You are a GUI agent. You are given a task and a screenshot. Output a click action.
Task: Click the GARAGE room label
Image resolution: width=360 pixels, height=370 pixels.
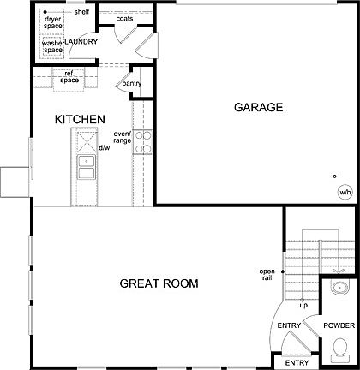tap(258, 108)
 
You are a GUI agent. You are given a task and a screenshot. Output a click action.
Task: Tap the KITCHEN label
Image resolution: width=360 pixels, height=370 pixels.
tap(80, 119)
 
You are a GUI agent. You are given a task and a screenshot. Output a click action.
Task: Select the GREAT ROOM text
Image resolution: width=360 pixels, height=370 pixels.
tap(159, 283)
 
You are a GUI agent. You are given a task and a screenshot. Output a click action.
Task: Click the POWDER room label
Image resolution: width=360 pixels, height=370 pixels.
tap(340, 325)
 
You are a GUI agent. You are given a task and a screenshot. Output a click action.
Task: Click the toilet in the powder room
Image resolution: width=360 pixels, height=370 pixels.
tap(340, 349)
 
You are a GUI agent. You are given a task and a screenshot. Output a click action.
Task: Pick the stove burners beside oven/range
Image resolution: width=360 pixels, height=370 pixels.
tap(142, 141)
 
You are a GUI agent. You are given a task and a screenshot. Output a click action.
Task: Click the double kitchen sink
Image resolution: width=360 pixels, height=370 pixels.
tap(87, 167)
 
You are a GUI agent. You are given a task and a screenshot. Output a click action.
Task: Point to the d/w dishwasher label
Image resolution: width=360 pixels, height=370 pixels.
tap(105, 148)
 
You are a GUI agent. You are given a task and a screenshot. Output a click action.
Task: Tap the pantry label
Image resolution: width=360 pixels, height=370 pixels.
tap(131, 83)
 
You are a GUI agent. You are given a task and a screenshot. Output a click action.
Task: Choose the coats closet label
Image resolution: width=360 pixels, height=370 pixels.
tap(123, 18)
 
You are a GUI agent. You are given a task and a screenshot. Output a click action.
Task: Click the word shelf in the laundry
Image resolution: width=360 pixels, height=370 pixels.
tap(81, 12)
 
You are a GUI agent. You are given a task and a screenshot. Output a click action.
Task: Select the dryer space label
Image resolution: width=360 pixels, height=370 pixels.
tap(53, 22)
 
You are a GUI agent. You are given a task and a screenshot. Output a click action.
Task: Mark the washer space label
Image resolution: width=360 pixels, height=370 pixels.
tap(53, 45)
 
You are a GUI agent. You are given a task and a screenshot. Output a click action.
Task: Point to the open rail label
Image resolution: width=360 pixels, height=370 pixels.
tap(267, 275)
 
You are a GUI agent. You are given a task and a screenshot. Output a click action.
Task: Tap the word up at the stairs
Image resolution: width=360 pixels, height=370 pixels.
tap(303, 304)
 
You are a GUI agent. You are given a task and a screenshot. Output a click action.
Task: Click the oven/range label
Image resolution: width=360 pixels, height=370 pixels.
tap(122, 136)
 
